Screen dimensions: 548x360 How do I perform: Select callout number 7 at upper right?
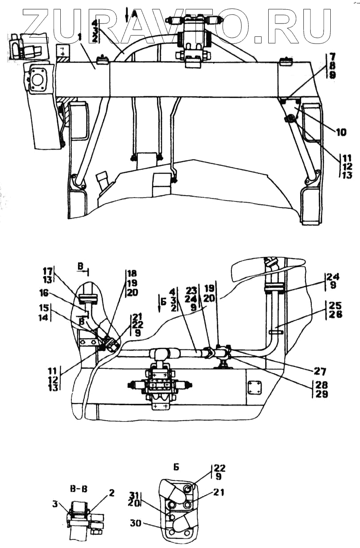[x=333, y=56]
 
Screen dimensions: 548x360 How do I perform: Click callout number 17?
[x=47, y=271]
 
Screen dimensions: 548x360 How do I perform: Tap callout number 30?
[x=136, y=523]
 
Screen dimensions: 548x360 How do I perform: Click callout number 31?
[x=134, y=495]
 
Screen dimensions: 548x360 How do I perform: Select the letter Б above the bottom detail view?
[x=176, y=466]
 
